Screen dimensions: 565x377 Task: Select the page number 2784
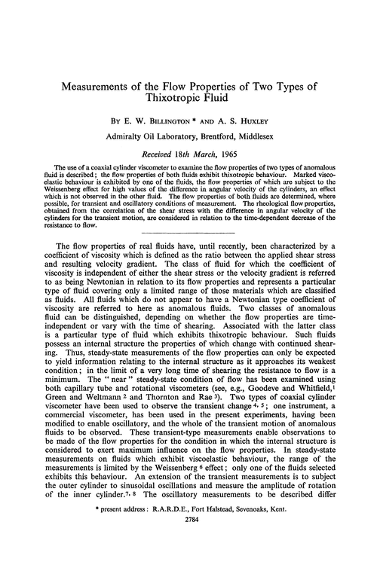pyautogui.click(x=188, y=549)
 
